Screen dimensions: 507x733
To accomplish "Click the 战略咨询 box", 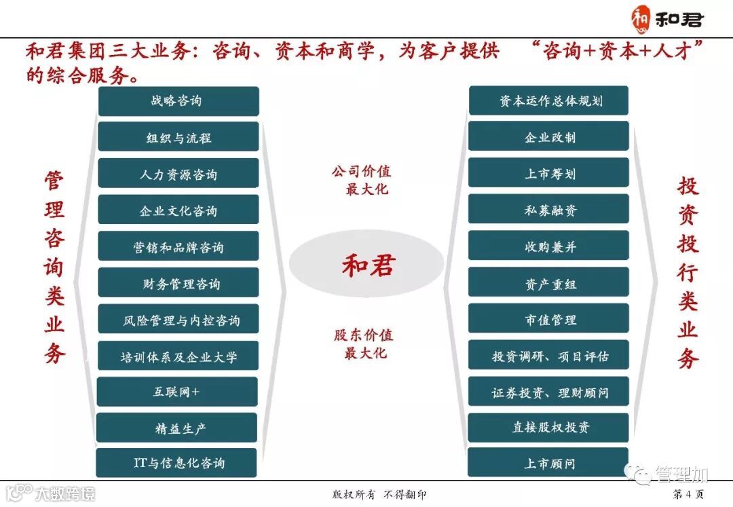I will click(178, 101).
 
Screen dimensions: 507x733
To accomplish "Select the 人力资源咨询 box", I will click(178, 174).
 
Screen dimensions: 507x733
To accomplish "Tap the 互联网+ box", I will click(177, 392).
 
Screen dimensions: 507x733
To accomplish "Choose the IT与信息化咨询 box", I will click(177, 464).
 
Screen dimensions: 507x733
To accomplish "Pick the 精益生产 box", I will click(177, 428).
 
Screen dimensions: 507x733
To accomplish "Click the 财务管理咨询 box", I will click(178, 283).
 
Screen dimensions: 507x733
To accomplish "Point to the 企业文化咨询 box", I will click(178, 210).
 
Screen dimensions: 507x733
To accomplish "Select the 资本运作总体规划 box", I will click(549, 101).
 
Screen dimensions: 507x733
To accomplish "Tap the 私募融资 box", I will click(549, 210).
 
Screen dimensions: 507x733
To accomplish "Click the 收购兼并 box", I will click(549, 246).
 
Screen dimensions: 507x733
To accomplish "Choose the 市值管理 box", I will click(549, 319).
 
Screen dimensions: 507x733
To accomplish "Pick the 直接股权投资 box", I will click(549, 428).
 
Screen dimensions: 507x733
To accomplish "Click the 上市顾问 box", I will click(549, 464).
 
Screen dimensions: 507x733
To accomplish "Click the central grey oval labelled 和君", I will click(366, 265).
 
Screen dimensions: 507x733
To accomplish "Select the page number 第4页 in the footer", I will click(688, 493).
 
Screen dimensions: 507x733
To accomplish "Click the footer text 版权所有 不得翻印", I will click(371, 494).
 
